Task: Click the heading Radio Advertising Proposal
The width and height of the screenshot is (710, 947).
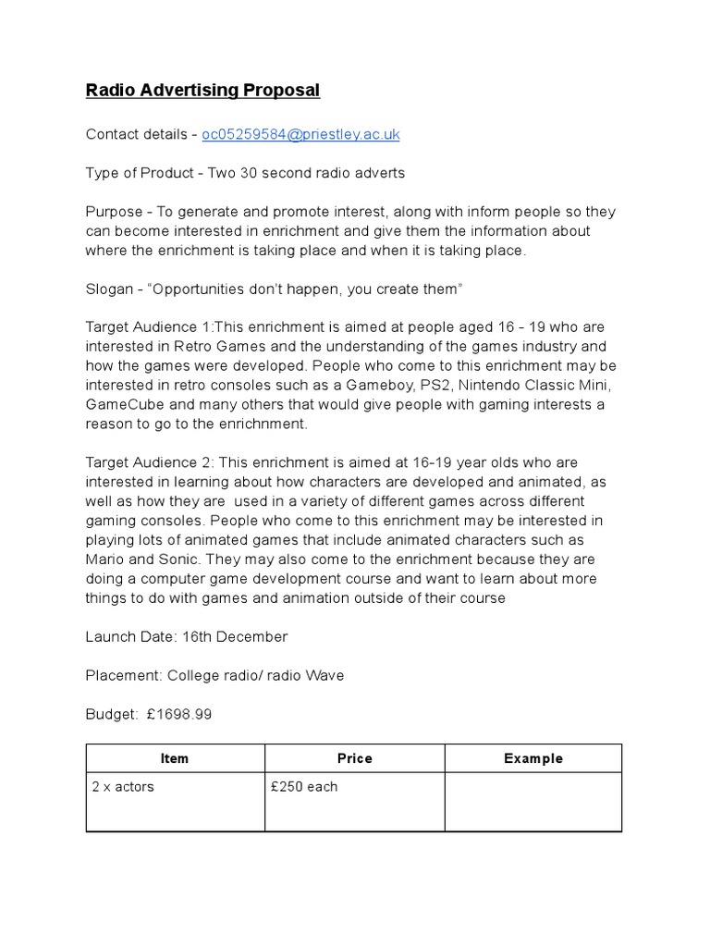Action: (202, 90)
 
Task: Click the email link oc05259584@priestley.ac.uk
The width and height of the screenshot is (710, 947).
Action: (300, 134)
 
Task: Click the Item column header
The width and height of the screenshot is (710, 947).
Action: (175, 758)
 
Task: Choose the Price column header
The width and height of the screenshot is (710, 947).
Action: (354, 758)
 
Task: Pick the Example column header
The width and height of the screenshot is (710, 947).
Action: (532, 758)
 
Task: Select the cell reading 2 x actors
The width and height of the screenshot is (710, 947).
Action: (123, 787)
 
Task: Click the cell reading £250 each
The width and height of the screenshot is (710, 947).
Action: (304, 787)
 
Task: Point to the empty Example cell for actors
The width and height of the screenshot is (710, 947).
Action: (532, 802)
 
